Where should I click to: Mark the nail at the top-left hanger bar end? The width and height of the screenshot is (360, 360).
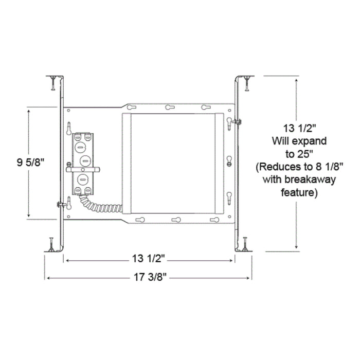pyautogui.click(x=52, y=82)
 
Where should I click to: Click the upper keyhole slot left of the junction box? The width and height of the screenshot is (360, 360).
pyautogui.click(x=68, y=126)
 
